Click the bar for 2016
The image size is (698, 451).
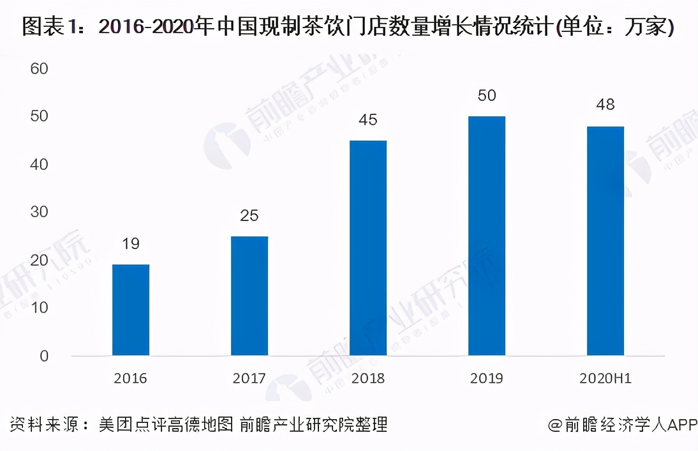click(x=131, y=310)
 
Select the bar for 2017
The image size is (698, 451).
click(x=249, y=296)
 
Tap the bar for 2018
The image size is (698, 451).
click(x=368, y=248)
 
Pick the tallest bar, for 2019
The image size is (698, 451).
click(x=487, y=236)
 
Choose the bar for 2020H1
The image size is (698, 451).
click(x=605, y=241)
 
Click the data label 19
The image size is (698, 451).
click(x=131, y=243)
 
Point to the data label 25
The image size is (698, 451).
click(x=249, y=215)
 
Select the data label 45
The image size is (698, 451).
click(x=368, y=119)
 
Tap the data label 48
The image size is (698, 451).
click(x=605, y=104)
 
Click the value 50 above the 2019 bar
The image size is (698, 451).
click(x=487, y=95)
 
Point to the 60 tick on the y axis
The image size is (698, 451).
click(x=40, y=68)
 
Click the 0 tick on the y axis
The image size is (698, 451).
click(x=44, y=356)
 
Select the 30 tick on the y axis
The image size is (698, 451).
click(x=40, y=212)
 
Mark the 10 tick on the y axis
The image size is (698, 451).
click(x=40, y=308)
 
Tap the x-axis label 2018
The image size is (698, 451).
click(x=368, y=378)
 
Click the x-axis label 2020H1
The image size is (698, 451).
click(x=605, y=378)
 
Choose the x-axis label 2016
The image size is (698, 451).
click(x=131, y=378)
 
